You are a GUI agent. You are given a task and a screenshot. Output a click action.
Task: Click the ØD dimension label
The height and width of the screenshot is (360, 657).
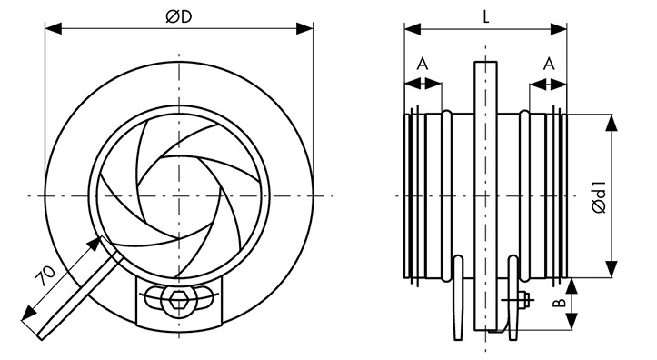[178, 16]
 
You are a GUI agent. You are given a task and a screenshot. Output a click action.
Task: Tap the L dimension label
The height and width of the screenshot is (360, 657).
[485, 16]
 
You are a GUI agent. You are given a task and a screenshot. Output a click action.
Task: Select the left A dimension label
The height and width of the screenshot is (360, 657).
[423, 65]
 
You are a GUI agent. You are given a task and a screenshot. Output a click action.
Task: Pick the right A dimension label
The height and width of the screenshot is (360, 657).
[549, 65]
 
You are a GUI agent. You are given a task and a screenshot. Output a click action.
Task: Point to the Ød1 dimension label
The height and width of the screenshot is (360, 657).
[600, 196]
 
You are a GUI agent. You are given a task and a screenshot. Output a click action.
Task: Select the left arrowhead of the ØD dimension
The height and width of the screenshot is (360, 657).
[54, 28]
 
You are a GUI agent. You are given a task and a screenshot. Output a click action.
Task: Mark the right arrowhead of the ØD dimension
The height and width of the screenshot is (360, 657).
[304, 28]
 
